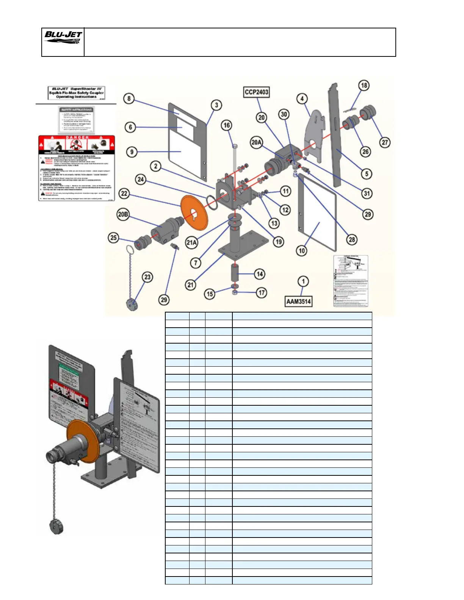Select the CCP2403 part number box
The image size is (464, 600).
click(x=257, y=92)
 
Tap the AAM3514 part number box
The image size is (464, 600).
click(x=299, y=302)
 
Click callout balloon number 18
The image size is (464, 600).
click(x=364, y=85)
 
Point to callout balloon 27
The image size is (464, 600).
click(x=385, y=142)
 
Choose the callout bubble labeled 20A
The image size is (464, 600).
click(x=257, y=142)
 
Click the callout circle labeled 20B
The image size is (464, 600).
click(x=123, y=214)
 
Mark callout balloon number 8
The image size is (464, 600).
click(x=129, y=98)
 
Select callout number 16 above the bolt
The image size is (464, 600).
click(x=226, y=125)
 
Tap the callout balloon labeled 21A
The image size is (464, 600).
click(x=191, y=242)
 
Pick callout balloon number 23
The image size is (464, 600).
click(x=147, y=277)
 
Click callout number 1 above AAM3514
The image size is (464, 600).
click(x=303, y=281)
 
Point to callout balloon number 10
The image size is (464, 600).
click(x=302, y=250)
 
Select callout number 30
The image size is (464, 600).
click(x=284, y=114)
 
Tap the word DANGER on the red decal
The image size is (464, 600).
click(x=77, y=137)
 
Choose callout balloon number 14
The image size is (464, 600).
click(x=260, y=274)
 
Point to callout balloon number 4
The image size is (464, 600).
click(x=302, y=99)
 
